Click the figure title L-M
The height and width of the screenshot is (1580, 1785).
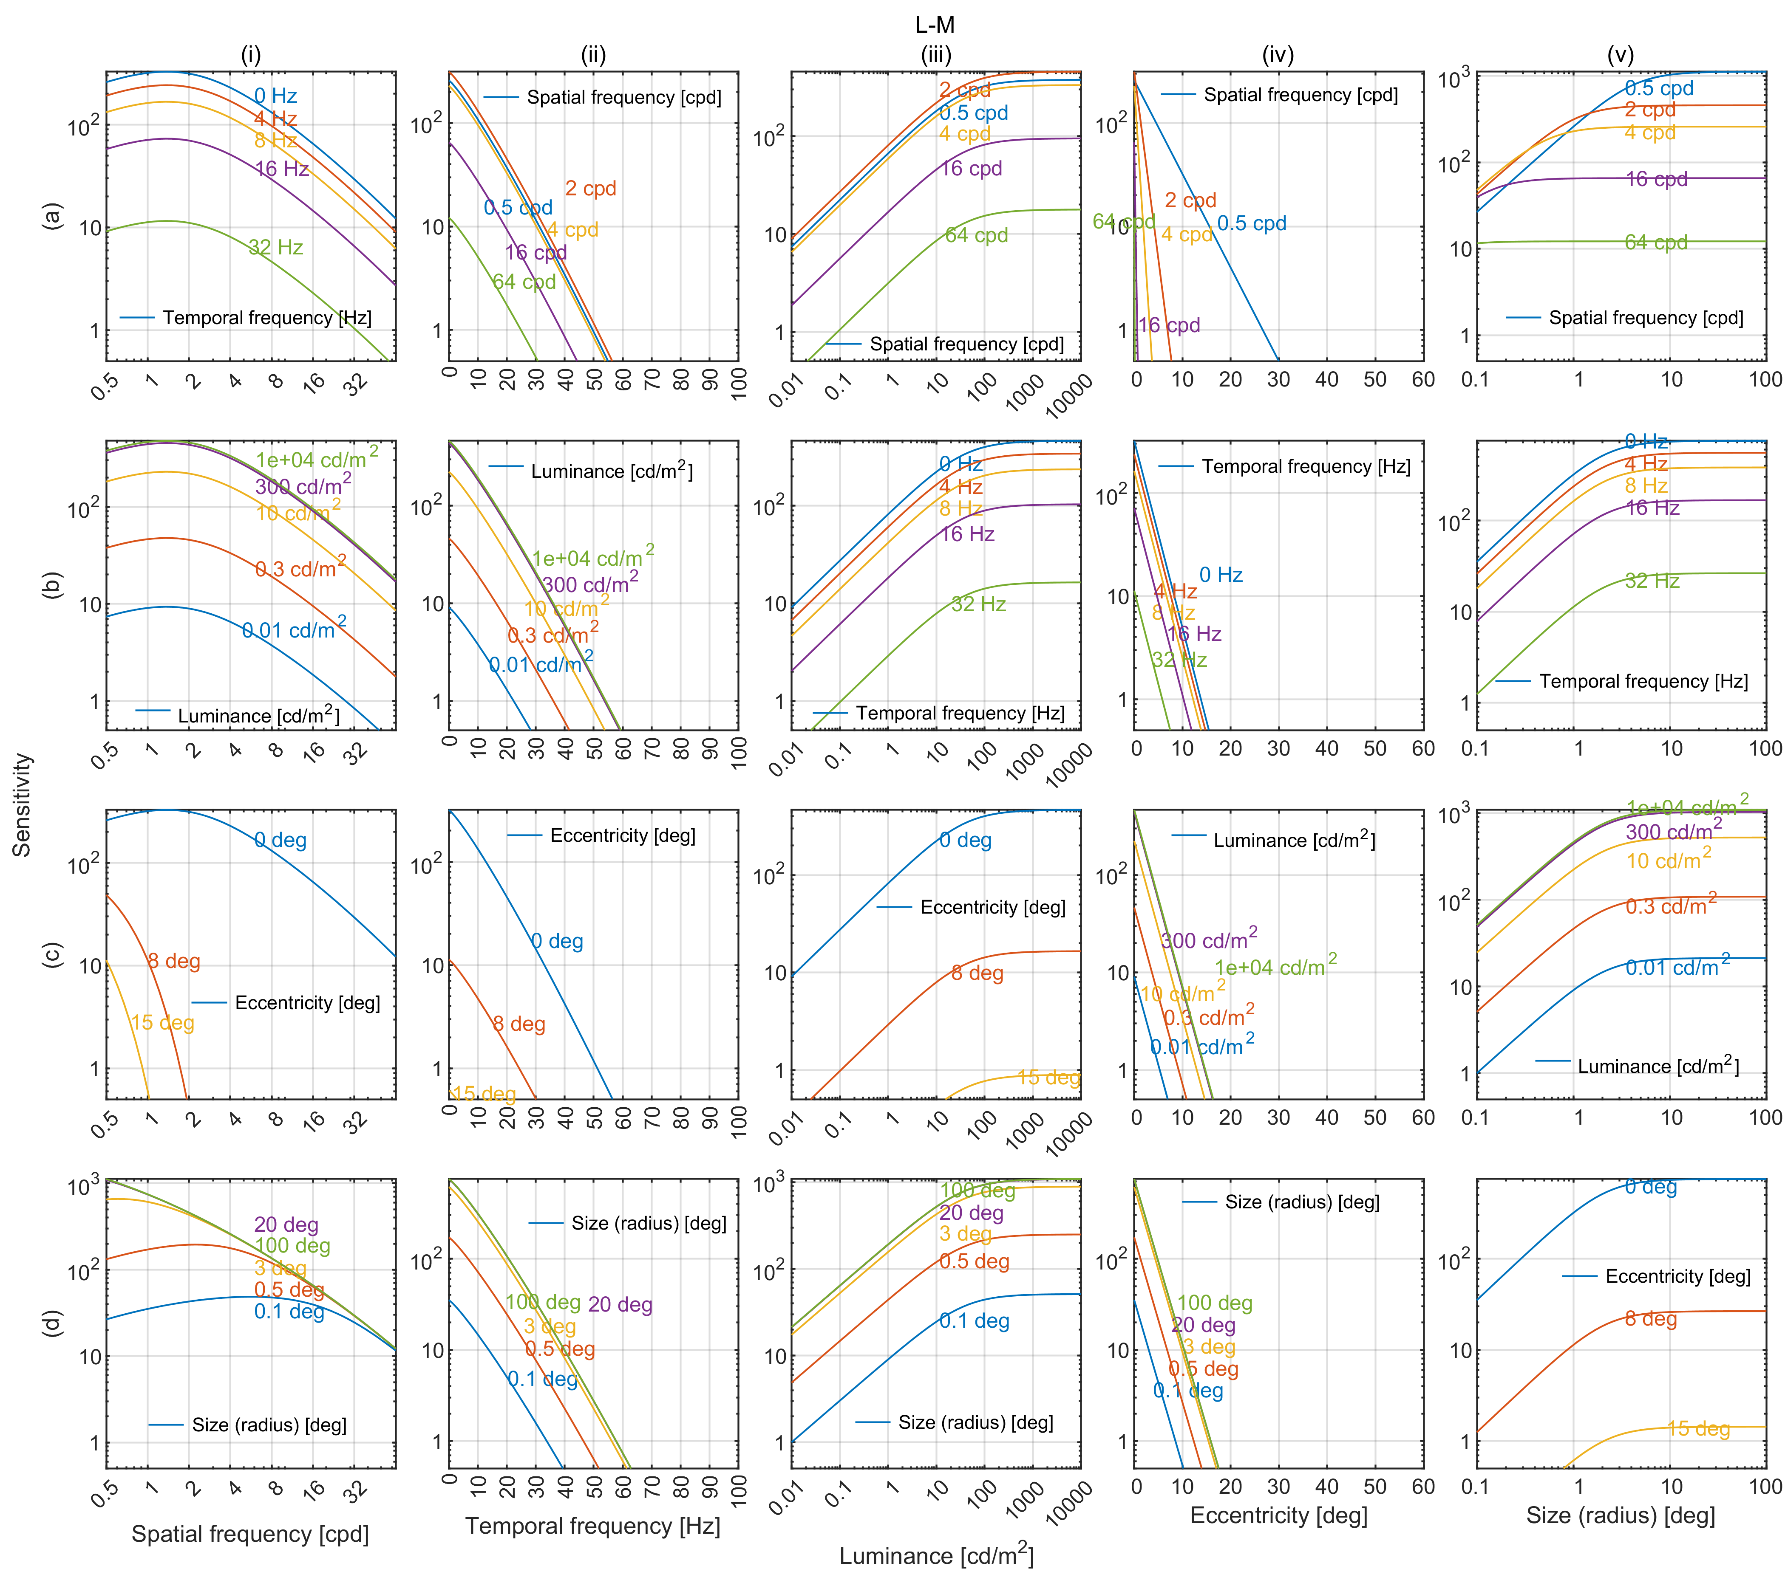pos(935,25)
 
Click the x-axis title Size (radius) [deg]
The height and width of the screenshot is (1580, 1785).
pos(1620,1515)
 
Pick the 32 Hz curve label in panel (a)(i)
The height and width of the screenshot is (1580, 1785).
pos(276,248)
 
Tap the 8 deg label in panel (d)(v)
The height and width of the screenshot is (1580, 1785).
pos(1651,1319)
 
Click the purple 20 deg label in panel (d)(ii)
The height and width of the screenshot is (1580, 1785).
pos(620,1305)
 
